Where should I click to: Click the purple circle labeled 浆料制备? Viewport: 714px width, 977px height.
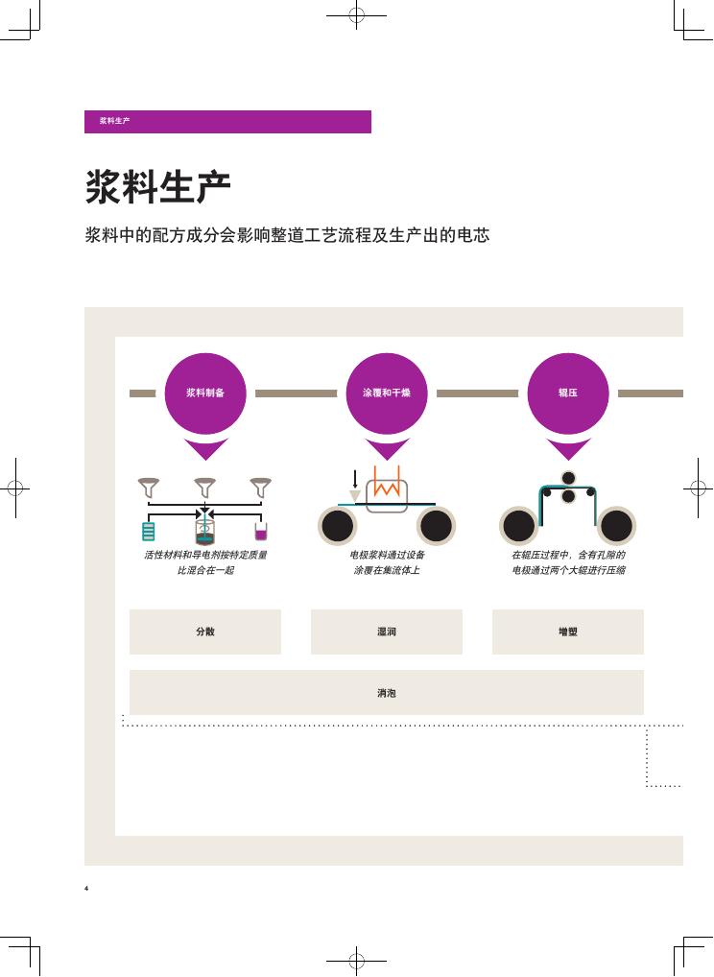[x=205, y=393]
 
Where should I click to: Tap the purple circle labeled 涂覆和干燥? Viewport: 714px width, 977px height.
[x=387, y=393]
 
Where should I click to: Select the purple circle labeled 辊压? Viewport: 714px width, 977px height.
[x=567, y=393]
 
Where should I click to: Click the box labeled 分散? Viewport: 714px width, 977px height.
[x=205, y=631]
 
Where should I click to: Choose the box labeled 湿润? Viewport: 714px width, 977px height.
[x=387, y=631]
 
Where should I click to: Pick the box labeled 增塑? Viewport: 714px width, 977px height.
[x=567, y=631]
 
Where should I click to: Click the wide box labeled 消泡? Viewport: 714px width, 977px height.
[x=387, y=692]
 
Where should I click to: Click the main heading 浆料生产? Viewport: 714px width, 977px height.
[x=157, y=186]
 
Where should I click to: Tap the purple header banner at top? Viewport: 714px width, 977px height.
[x=228, y=122]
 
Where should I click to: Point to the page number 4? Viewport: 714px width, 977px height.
[x=86, y=888]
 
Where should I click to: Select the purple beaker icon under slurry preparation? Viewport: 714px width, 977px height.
[x=261, y=532]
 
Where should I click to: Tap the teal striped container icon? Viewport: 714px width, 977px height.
[x=149, y=532]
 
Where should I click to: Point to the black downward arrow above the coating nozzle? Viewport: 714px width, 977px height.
[x=354, y=479]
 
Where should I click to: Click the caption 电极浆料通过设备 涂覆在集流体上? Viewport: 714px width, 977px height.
[x=387, y=562]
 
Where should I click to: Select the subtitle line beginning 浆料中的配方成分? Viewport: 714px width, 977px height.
[x=287, y=235]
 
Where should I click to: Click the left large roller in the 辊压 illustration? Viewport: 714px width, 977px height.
[x=519, y=526]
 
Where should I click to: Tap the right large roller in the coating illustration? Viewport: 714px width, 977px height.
[x=436, y=526]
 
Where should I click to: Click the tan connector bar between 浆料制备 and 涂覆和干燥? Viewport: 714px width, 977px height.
[x=296, y=393]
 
